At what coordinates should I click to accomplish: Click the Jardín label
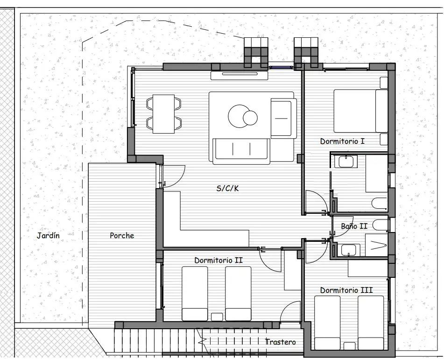pos(48,235)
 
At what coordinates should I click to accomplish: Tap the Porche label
pos(122,235)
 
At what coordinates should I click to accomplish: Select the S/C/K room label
pos(227,188)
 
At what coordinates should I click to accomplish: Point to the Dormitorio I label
pos(342,141)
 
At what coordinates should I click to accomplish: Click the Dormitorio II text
pos(218,260)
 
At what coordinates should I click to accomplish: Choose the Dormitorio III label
pos(346,290)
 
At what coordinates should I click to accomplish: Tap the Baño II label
pos(354,226)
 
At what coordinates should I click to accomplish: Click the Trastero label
pos(280,342)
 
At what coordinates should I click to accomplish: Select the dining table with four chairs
pos(164,114)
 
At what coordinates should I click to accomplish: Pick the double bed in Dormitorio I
pos(361,111)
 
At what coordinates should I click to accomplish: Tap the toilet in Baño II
pos(380,225)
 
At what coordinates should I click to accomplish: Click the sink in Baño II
pos(350,250)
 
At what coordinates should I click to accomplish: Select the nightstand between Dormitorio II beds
pos(217,317)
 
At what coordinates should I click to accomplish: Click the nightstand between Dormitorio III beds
pos(349,346)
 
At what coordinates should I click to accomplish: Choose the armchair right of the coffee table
pos(283,118)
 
